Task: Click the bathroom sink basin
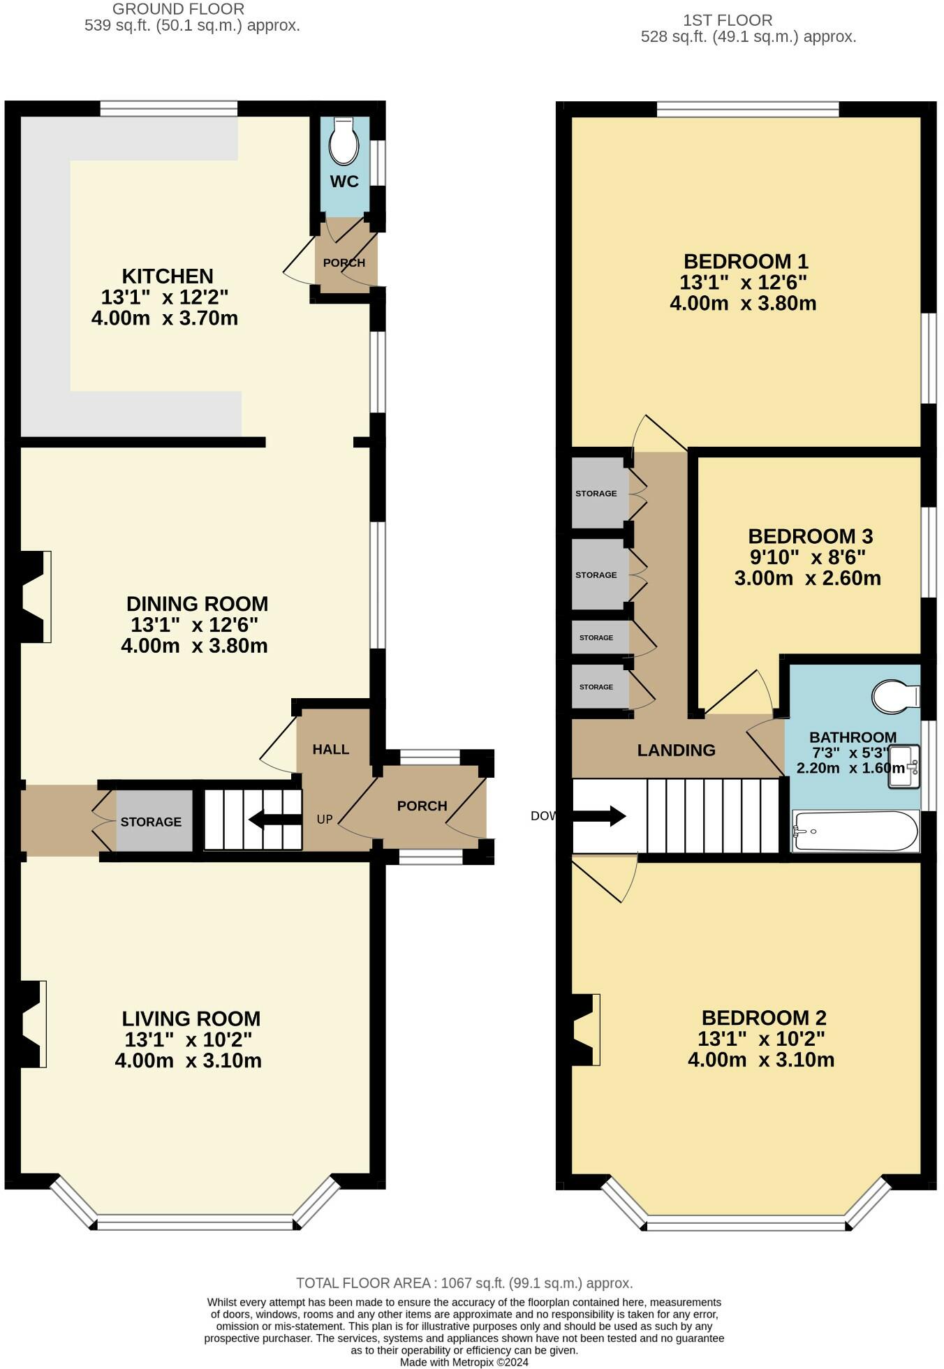(x=904, y=767)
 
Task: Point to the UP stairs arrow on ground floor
(x=275, y=819)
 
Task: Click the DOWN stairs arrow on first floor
(x=598, y=815)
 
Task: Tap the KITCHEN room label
(x=168, y=276)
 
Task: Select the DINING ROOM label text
(x=197, y=604)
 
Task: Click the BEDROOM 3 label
(x=810, y=536)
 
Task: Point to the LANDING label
(x=676, y=750)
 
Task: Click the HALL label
(x=331, y=749)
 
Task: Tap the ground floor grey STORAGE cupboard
(x=152, y=822)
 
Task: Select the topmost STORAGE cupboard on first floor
(x=596, y=494)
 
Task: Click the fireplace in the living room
(x=32, y=1024)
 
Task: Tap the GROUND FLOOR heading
(x=178, y=10)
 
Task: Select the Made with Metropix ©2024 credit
(x=464, y=1362)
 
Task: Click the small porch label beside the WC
(x=344, y=263)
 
